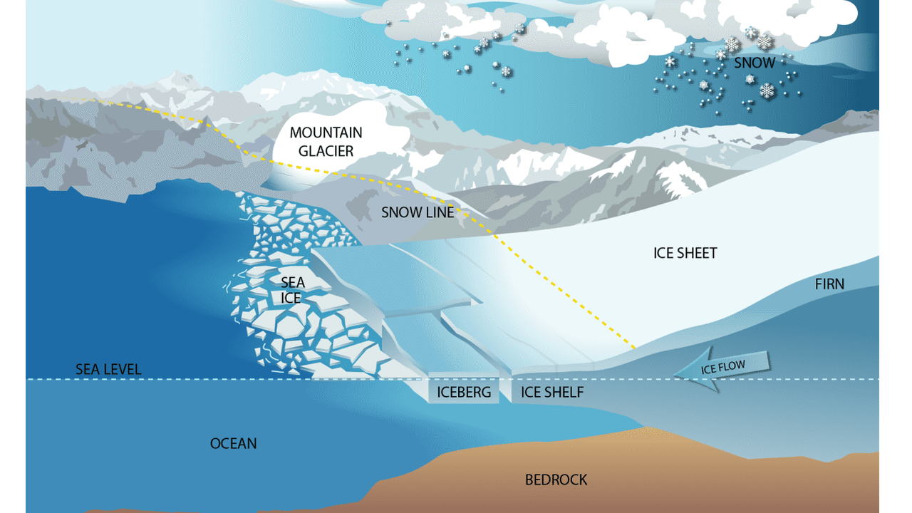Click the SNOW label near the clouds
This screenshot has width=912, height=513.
point(755,63)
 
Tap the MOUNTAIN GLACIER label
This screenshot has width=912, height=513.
point(326,141)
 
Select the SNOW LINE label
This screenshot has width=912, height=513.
point(418,212)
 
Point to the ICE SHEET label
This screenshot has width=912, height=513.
point(685,253)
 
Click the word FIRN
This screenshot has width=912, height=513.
point(829,284)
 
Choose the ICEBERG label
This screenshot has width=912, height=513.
point(464,392)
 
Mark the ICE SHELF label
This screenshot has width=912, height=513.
point(552,392)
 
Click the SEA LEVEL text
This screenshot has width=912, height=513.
point(108,369)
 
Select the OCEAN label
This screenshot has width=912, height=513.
point(233,443)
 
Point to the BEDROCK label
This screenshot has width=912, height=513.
point(556,480)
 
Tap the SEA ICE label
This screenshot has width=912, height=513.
point(292,291)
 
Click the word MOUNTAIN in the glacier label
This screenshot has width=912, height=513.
point(326,133)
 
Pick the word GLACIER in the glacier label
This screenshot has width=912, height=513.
point(326,150)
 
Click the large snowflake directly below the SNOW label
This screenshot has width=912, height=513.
point(767,90)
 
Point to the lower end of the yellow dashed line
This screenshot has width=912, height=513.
point(633,347)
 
